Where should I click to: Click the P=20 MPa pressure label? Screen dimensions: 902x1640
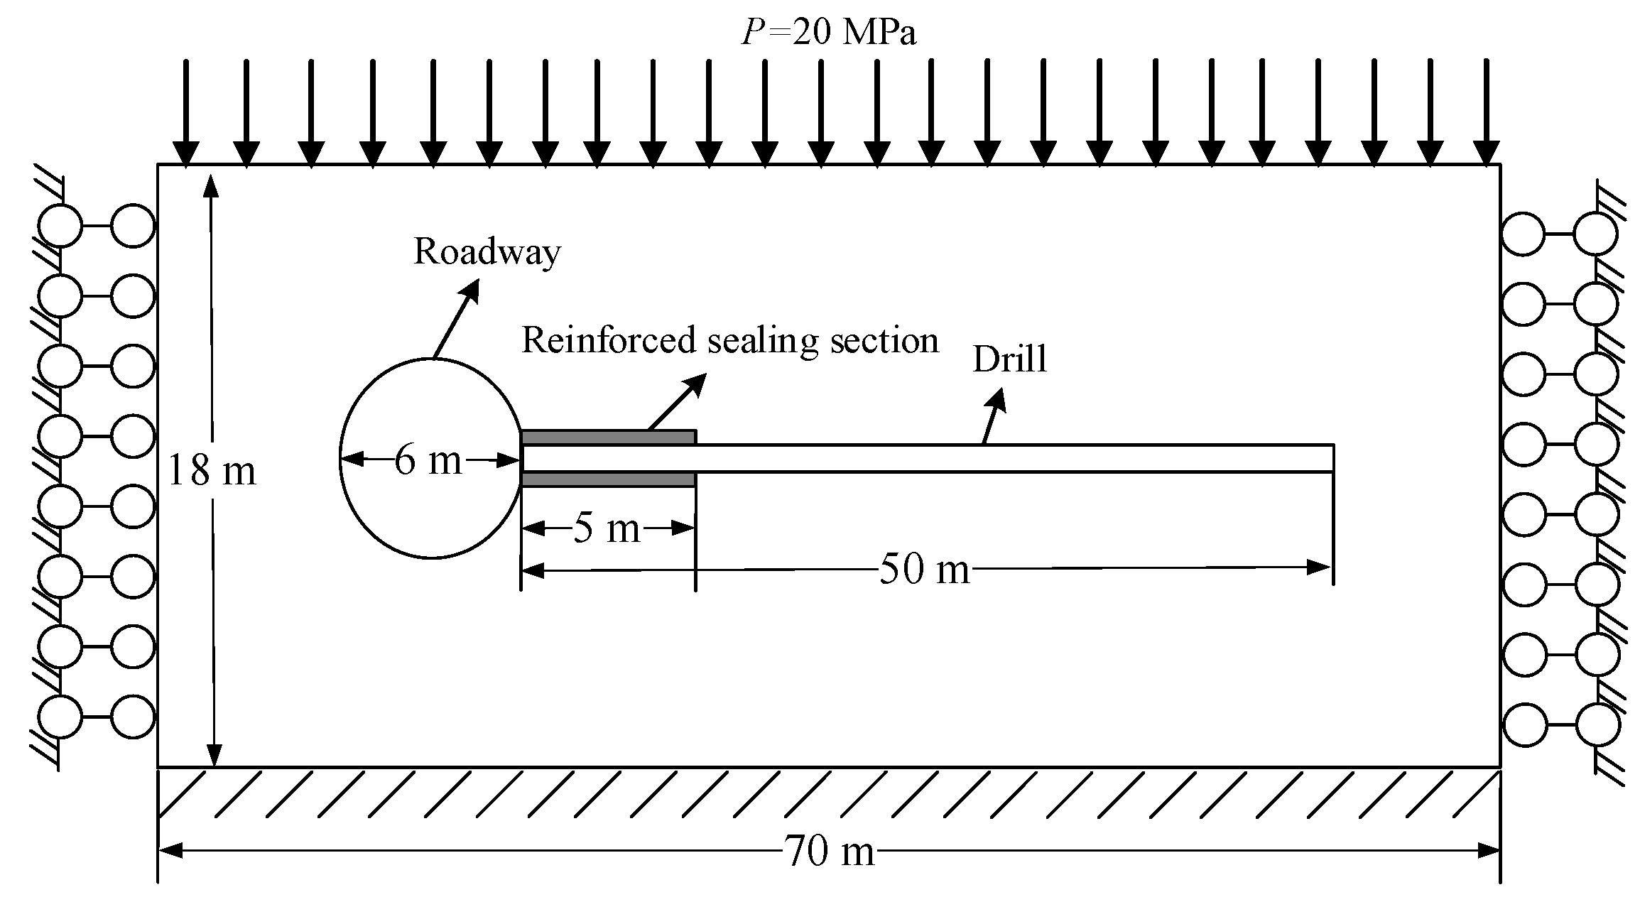pyautogui.click(x=828, y=33)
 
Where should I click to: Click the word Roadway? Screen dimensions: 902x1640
pyautogui.click(x=487, y=252)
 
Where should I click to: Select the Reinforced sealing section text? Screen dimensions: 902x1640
pyautogui.click(x=730, y=341)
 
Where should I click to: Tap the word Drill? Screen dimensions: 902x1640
pyautogui.click(x=1009, y=360)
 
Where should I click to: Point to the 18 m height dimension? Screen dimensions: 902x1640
pyautogui.click(x=212, y=471)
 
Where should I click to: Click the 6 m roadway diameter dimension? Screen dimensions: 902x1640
pyautogui.click(x=428, y=460)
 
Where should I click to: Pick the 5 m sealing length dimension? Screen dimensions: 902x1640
pyautogui.click(x=607, y=528)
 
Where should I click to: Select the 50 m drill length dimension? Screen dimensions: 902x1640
pyautogui.click(x=923, y=569)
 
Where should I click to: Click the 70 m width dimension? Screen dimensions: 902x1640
pyautogui.click(x=829, y=851)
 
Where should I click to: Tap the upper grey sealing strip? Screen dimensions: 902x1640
pyautogui.click(x=608, y=438)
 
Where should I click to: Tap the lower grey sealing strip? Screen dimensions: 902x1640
pyautogui.click(x=608, y=480)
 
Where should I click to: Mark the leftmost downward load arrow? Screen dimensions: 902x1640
pyautogui.click(x=186, y=114)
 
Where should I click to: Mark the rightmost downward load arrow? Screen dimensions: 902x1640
pyautogui.click(x=1486, y=114)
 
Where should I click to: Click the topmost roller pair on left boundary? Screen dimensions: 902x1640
pyautogui.click(x=96, y=226)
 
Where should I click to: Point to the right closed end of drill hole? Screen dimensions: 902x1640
pyautogui.click(x=1332, y=458)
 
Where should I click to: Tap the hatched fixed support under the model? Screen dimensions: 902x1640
pyautogui.click(x=828, y=793)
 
